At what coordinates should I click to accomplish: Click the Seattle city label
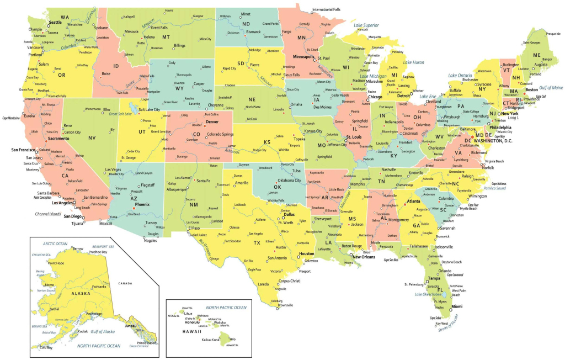pos(55,23)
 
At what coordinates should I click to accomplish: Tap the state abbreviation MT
pos(166,37)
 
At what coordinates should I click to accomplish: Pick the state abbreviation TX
pos(257,242)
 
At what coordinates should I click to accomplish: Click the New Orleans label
pos(364,257)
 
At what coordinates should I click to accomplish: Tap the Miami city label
pos(456,306)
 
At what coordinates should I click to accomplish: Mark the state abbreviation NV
pos(92,137)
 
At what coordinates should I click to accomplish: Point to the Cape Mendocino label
pos(11,118)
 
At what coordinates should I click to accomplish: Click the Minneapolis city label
pos(304,56)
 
